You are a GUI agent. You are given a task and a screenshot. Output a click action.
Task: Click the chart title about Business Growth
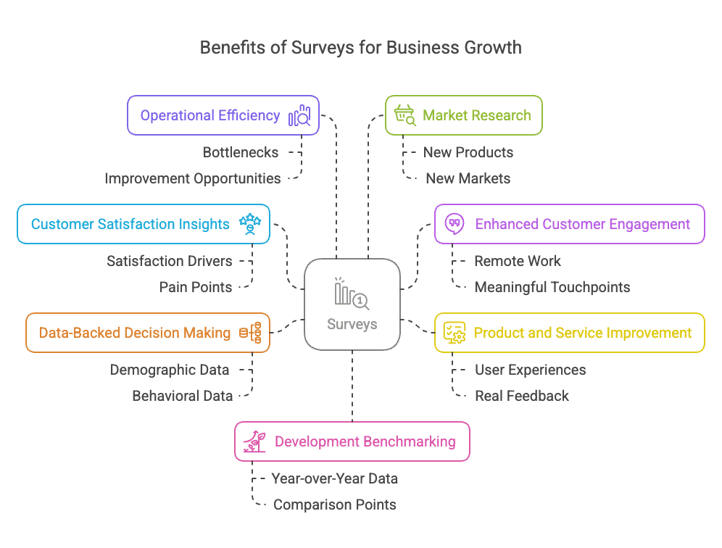click(x=360, y=48)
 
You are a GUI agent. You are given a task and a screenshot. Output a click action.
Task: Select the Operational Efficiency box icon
click(x=299, y=116)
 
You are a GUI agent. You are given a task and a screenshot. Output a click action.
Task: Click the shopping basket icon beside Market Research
click(x=404, y=115)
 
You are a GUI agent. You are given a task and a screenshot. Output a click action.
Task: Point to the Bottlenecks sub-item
click(x=241, y=152)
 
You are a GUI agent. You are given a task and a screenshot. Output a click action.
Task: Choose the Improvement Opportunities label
click(x=192, y=178)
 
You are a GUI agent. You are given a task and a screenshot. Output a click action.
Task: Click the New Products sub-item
click(x=468, y=152)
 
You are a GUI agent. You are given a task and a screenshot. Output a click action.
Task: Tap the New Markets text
click(x=468, y=178)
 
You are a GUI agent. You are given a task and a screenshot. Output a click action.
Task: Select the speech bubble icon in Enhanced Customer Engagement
click(x=455, y=224)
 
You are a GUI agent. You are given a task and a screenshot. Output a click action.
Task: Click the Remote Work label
click(x=518, y=261)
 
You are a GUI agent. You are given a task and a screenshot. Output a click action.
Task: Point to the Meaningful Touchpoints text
click(x=552, y=287)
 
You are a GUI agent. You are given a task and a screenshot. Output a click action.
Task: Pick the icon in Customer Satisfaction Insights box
click(x=250, y=224)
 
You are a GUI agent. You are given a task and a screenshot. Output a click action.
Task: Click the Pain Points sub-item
click(x=196, y=287)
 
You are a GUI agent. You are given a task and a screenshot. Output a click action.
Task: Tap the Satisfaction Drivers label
click(x=170, y=261)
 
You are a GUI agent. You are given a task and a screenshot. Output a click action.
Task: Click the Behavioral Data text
click(x=182, y=396)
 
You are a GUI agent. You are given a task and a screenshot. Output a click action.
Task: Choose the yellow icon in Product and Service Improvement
click(x=455, y=333)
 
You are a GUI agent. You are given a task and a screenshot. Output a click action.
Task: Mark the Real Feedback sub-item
click(x=522, y=396)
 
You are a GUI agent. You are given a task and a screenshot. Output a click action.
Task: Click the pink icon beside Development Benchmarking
click(x=254, y=441)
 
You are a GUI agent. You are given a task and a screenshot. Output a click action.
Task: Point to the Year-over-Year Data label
click(x=334, y=478)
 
